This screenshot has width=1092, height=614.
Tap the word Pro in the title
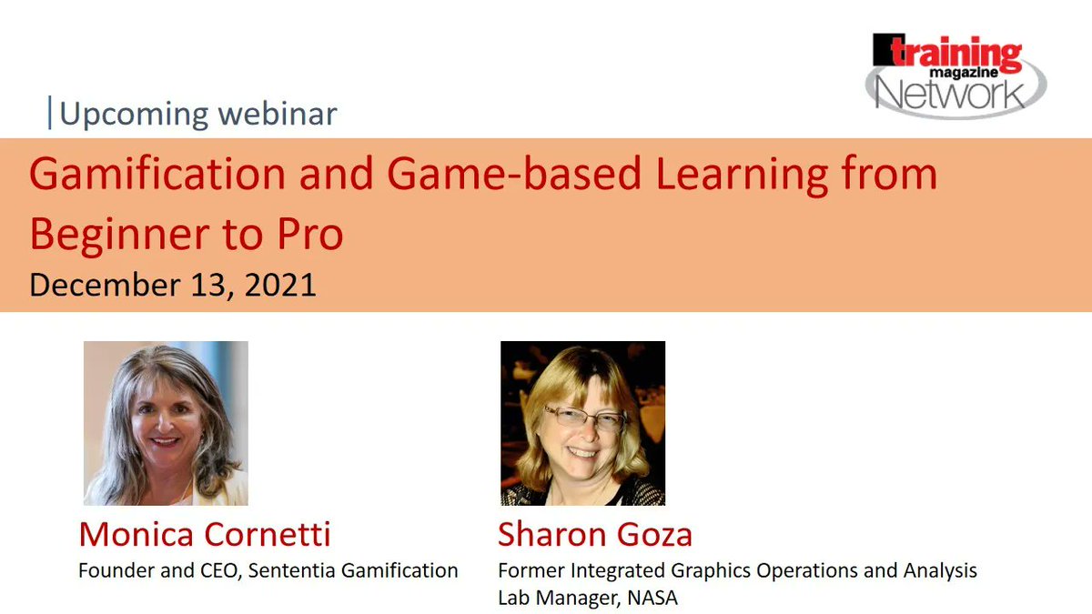[310, 236]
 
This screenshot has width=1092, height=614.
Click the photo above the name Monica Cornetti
[166, 423]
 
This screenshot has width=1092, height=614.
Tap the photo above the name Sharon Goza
[582, 423]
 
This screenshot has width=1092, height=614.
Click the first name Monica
[137, 535]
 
